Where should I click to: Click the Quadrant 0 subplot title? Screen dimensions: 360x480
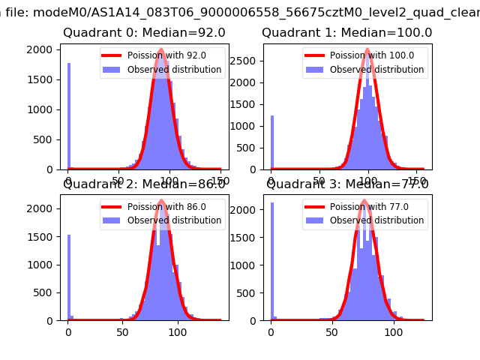coord(144,33)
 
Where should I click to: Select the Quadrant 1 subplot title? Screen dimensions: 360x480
coord(346,33)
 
